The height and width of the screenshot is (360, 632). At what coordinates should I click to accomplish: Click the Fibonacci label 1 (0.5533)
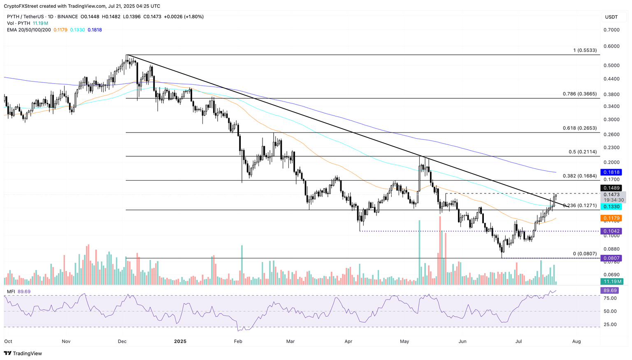point(585,50)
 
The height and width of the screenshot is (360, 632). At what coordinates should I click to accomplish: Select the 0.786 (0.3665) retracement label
point(579,94)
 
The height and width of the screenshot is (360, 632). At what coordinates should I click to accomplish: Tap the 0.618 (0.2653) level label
point(579,128)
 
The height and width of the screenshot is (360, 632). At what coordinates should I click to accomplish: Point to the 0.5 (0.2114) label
point(582,152)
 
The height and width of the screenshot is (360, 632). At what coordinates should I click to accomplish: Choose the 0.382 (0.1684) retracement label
point(579,176)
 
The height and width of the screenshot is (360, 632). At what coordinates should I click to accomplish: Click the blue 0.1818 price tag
point(611,172)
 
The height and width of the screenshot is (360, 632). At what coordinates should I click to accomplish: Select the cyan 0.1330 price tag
point(611,207)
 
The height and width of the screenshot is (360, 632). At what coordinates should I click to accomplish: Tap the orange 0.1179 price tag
point(611,218)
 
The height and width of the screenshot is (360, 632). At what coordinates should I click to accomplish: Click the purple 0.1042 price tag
point(611,231)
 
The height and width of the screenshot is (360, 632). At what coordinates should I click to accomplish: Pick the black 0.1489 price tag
point(611,188)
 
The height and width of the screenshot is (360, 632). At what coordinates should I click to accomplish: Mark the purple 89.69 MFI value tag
point(611,290)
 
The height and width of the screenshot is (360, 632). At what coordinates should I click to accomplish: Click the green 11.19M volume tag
point(611,281)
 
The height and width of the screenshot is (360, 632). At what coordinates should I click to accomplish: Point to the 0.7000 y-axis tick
point(611,30)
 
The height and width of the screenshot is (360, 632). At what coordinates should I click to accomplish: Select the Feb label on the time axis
point(238,341)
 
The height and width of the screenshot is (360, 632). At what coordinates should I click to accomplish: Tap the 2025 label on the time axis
point(180,341)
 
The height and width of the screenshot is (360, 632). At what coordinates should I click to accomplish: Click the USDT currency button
point(611,17)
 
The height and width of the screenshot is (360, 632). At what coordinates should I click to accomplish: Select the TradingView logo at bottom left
point(23,353)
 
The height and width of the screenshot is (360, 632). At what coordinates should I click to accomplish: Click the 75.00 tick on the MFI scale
point(610,298)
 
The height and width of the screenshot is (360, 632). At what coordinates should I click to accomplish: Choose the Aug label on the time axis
point(576,341)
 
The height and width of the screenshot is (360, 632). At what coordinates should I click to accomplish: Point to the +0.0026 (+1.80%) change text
point(184,16)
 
